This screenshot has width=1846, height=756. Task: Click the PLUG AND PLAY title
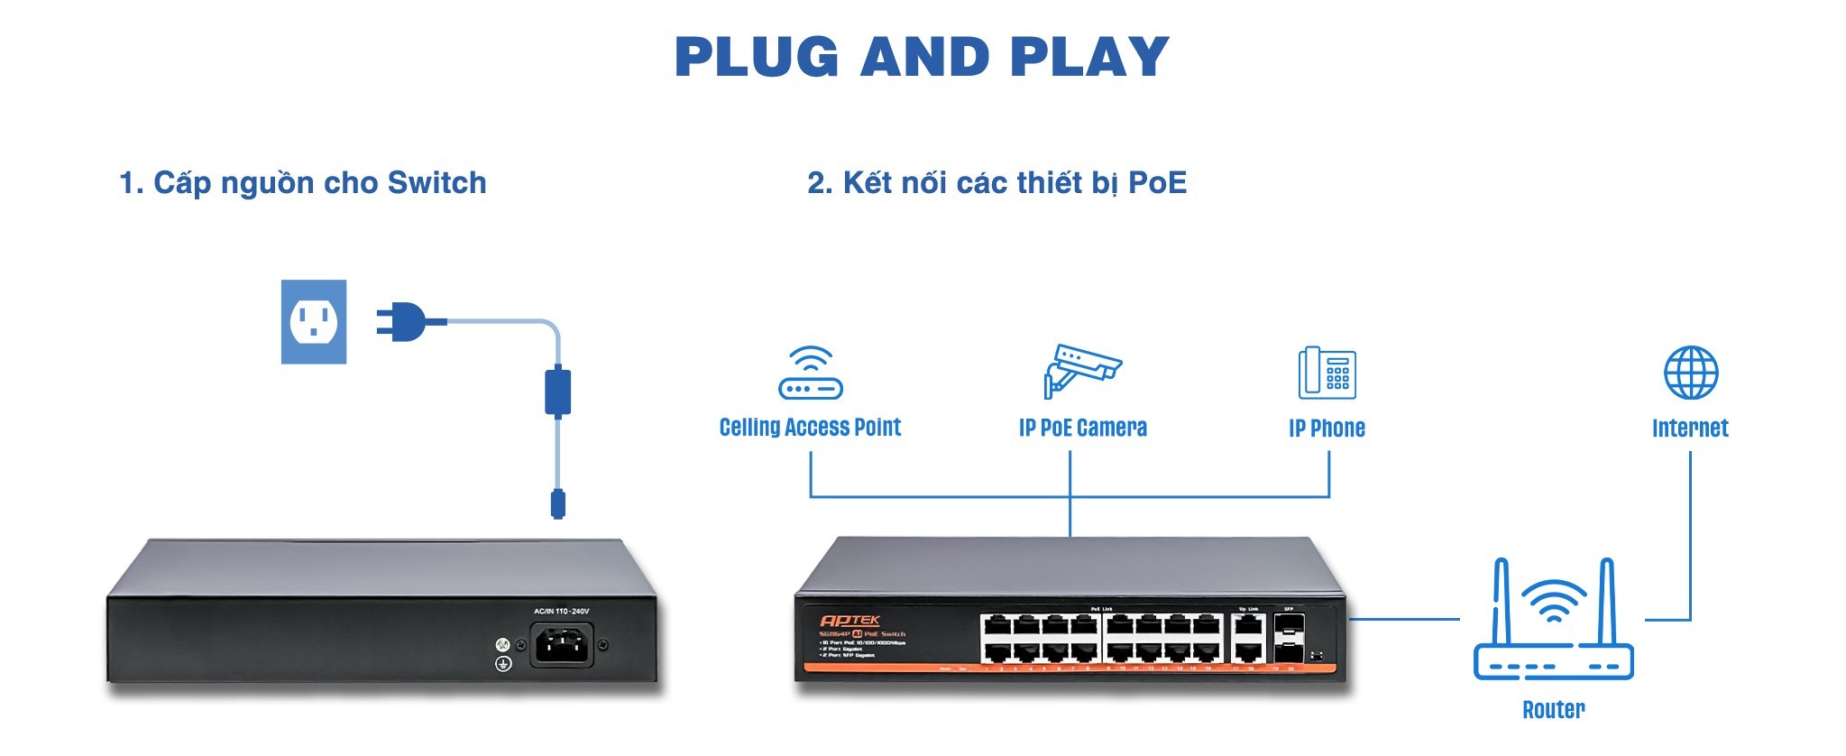pyautogui.click(x=922, y=57)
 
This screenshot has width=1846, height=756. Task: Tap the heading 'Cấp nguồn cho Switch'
pyautogui.click(x=303, y=183)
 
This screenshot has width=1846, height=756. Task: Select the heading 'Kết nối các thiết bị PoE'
pyautogui.click(x=996, y=183)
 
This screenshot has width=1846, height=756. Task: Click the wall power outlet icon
pyautogui.click(x=314, y=321)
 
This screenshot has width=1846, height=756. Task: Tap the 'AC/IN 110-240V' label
pyautogui.click(x=561, y=612)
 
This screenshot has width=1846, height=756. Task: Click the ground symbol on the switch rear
pyautogui.click(x=504, y=664)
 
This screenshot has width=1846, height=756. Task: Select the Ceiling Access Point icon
pyautogui.click(x=810, y=373)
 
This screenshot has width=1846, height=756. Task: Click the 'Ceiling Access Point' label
pyautogui.click(x=810, y=428)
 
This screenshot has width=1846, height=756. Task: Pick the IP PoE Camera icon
pyautogui.click(x=1081, y=370)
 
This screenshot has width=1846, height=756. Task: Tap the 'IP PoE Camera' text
pyautogui.click(x=1082, y=428)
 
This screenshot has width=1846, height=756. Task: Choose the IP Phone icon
pyautogui.click(x=1327, y=373)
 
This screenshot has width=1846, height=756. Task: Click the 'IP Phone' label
pyautogui.click(x=1327, y=428)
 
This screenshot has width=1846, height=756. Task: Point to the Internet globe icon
pyautogui.click(x=1690, y=373)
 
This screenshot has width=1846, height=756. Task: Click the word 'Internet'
pyautogui.click(x=1690, y=428)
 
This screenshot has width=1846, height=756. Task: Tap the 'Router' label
pyautogui.click(x=1553, y=710)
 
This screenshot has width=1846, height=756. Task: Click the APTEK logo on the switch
pyautogui.click(x=850, y=621)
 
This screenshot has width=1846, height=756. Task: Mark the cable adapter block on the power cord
pyautogui.click(x=558, y=392)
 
